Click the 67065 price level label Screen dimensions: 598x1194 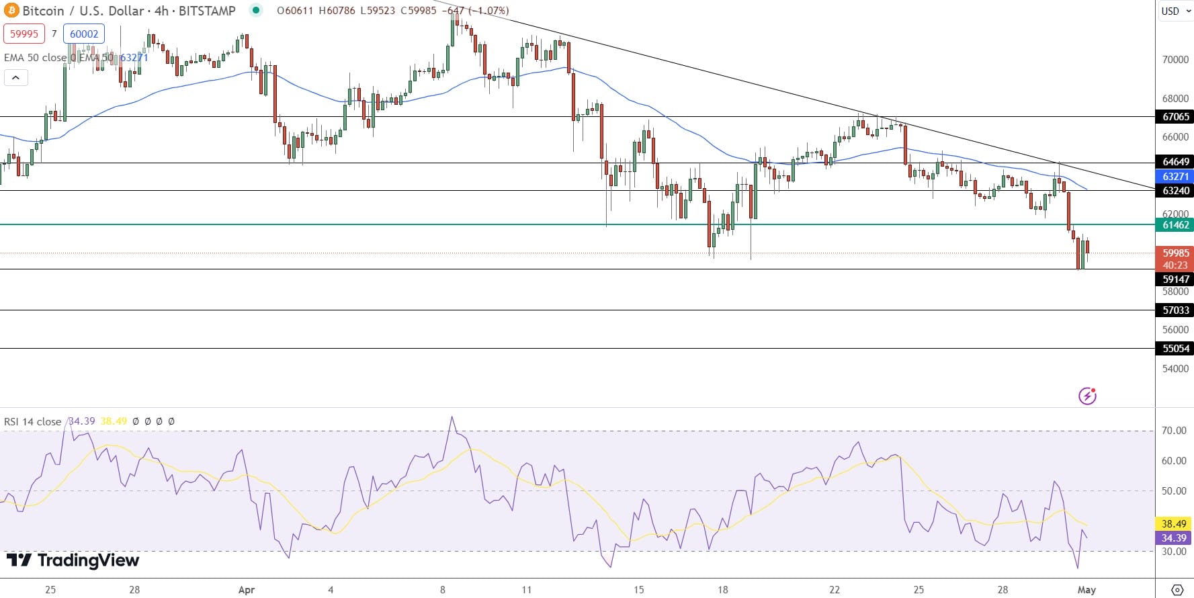click(x=1175, y=117)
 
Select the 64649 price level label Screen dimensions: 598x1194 click(x=1175, y=162)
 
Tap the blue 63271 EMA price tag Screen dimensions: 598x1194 click(x=1175, y=177)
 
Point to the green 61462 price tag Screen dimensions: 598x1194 click(x=1175, y=225)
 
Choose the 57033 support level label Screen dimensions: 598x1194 click(x=1175, y=310)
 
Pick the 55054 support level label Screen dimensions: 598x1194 click(x=1175, y=349)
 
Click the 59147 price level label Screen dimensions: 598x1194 click(x=1175, y=280)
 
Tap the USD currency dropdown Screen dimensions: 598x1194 click(x=1175, y=11)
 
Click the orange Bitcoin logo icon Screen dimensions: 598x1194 click(x=11, y=11)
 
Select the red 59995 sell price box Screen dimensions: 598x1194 click(x=24, y=34)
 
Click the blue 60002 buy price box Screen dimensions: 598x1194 click(x=84, y=34)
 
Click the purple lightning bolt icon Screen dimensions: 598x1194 click(x=1087, y=396)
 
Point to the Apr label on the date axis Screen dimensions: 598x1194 click(x=247, y=590)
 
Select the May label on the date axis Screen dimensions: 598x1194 click(x=1086, y=590)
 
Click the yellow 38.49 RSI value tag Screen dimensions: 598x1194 click(x=1174, y=524)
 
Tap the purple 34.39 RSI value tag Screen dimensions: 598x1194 click(x=1174, y=538)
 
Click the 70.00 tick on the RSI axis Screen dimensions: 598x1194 click(x=1174, y=431)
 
